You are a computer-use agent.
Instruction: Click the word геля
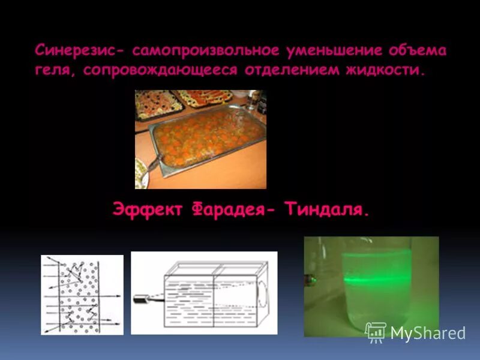point(56,70)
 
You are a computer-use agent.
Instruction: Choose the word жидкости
point(385,70)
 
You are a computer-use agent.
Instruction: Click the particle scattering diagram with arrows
point(82,295)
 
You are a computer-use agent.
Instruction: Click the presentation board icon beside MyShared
point(376,332)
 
